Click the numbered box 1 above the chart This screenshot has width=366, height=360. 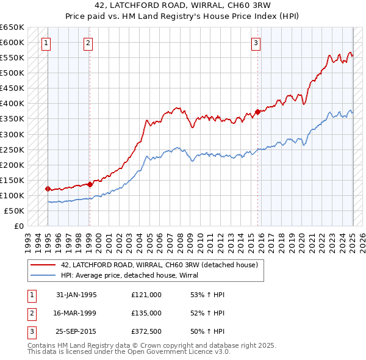(46, 43)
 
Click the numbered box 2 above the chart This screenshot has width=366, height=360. (88, 43)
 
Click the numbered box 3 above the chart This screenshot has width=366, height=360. (256, 43)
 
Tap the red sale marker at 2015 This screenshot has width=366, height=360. (257, 112)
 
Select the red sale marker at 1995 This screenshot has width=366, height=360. (48, 189)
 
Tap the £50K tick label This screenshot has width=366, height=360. (14, 211)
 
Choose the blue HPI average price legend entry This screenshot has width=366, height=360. (134, 275)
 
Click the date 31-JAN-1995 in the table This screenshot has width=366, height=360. (76, 294)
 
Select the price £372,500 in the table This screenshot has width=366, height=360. (146, 332)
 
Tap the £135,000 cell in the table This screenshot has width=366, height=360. (146, 313)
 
